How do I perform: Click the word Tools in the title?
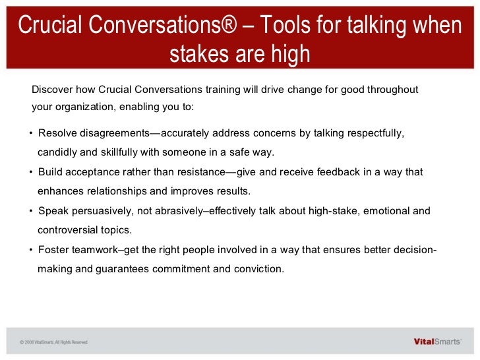coord(287,26)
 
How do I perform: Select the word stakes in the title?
coord(201,54)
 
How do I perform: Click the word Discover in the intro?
coord(52,90)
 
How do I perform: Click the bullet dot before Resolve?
coord(31,134)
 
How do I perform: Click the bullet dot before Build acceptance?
coord(31,172)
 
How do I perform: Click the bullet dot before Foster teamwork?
coord(31,250)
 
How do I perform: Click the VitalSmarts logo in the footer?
coord(436,342)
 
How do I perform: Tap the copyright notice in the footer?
coord(53,342)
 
